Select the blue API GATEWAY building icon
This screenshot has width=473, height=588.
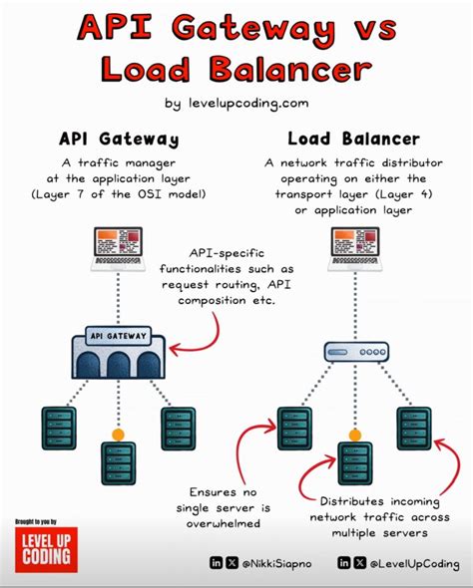pyautogui.click(x=118, y=355)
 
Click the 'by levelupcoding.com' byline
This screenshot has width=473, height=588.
pyautogui.click(x=236, y=102)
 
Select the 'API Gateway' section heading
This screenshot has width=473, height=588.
pyautogui.click(x=117, y=139)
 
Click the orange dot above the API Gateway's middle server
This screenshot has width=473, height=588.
pyautogui.click(x=118, y=436)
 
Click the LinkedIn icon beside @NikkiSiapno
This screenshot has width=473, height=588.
pyautogui.click(x=216, y=564)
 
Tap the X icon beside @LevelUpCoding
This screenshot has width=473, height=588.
pyautogui.click(x=359, y=564)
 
